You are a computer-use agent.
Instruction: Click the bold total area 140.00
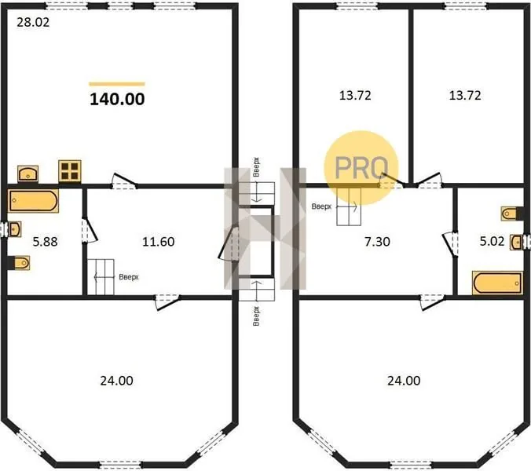coord(117,99)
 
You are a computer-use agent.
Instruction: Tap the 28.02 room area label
coord(33,22)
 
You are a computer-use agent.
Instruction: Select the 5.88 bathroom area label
coord(45,242)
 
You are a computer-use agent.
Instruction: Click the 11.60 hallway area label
coord(159,242)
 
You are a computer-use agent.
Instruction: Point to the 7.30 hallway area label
coord(377,242)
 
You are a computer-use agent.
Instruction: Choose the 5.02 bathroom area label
coord(492,241)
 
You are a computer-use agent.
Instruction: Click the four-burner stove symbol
coord(70,170)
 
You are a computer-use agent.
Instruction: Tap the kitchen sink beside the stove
coord(27,173)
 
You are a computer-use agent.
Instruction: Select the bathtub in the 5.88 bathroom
coord(33,201)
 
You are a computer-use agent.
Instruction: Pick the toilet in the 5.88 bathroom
coord(20,263)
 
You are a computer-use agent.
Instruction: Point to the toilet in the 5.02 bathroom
coord(511,214)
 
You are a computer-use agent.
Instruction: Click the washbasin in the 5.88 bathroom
coord(15,229)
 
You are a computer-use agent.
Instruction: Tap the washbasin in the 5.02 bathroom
coord(517,242)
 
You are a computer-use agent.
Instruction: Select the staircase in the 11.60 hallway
coord(101,277)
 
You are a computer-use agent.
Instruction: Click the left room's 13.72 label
coord(355,96)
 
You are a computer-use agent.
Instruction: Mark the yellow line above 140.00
coord(117,84)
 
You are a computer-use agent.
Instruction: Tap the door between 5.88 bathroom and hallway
coord(89,230)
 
